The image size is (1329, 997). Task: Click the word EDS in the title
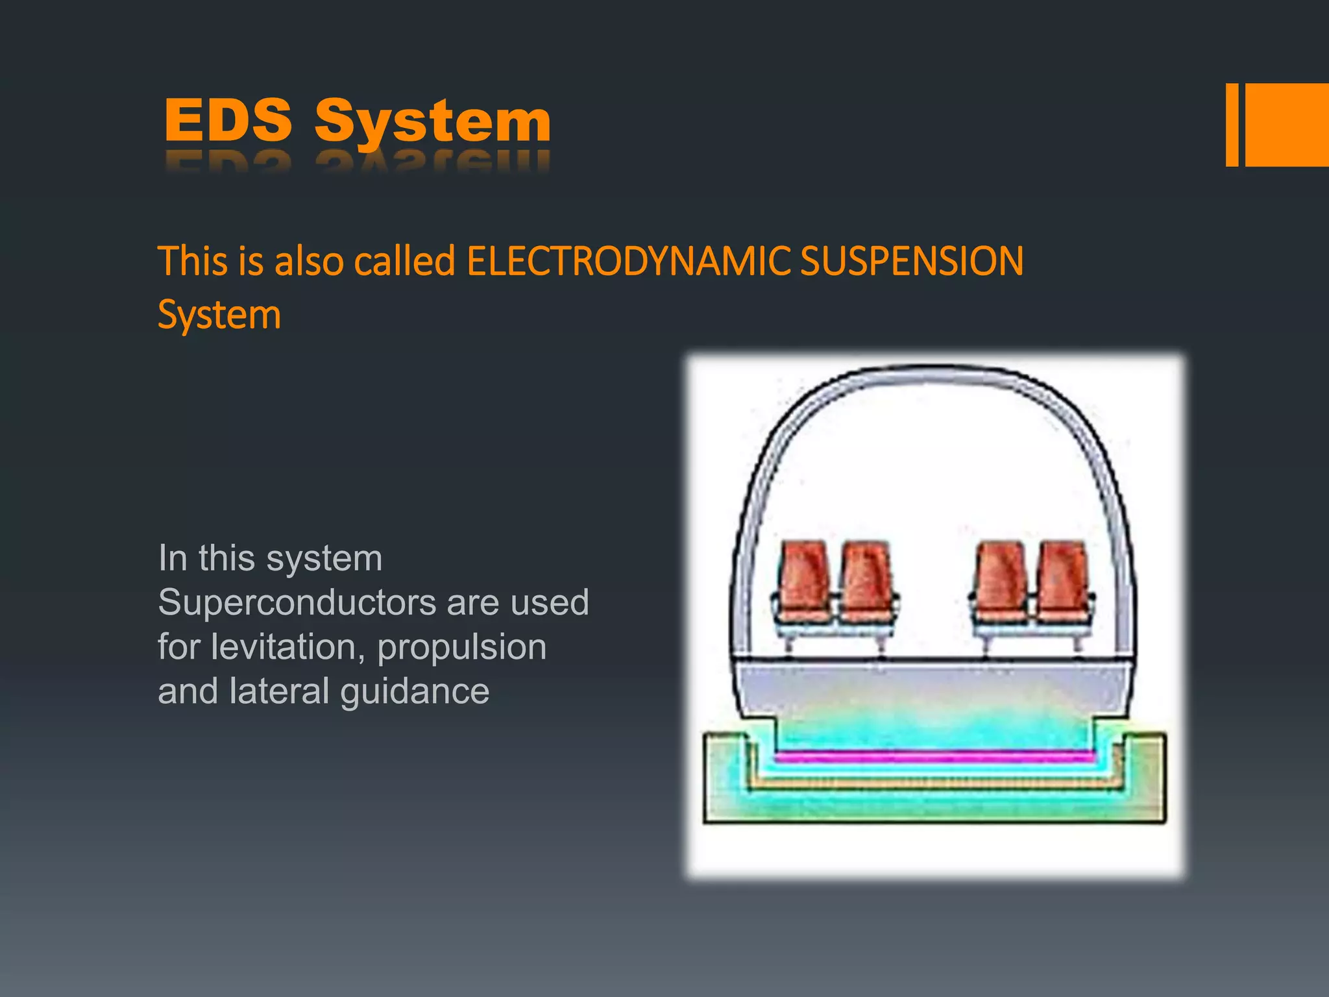click(228, 120)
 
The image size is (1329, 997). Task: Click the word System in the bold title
click(433, 122)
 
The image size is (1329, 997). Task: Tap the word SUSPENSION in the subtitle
click(912, 262)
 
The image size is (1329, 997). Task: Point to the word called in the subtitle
click(404, 262)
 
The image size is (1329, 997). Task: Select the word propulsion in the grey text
click(461, 648)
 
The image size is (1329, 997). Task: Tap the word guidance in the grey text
click(415, 692)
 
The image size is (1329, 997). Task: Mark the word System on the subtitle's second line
click(219, 315)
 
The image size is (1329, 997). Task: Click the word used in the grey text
click(550, 602)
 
